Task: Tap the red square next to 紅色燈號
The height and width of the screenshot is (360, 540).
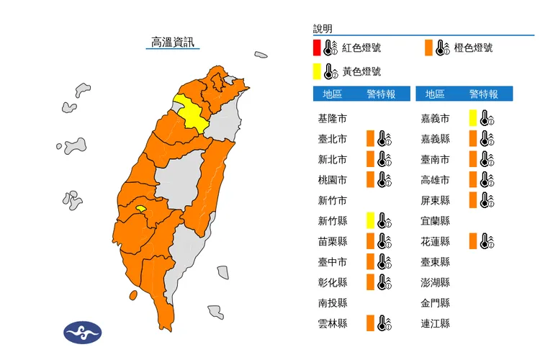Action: pyautogui.click(x=318, y=49)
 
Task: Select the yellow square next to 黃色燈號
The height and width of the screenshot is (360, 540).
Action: pyautogui.click(x=318, y=71)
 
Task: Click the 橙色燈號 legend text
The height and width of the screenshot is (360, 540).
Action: pyautogui.click(x=474, y=49)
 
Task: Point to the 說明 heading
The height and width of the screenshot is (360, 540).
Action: pyautogui.click(x=323, y=29)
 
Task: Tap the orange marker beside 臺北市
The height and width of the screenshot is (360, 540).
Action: pyautogui.click(x=370, y=139)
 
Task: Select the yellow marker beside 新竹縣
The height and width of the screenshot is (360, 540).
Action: pyautogui.click(x=370, y=220)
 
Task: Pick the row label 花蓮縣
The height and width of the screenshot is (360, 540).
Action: pyautogui.click(x=436, y=241)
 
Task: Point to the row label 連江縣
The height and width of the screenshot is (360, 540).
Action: pyautogui.click(x=436, y=323)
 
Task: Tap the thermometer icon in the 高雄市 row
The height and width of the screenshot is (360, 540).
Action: pyautogui.click(x=486, y=180)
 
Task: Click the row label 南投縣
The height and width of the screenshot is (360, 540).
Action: pyautogui.click(x=333, y=303)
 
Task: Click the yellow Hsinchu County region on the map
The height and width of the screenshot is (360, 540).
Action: pyautogui.click(x=191, y=114)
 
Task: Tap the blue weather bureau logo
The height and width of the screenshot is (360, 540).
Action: pyautogui.click(x=83, y=332)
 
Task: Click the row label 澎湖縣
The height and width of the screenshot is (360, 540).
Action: pyautogui.click(x=436, y=282)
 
